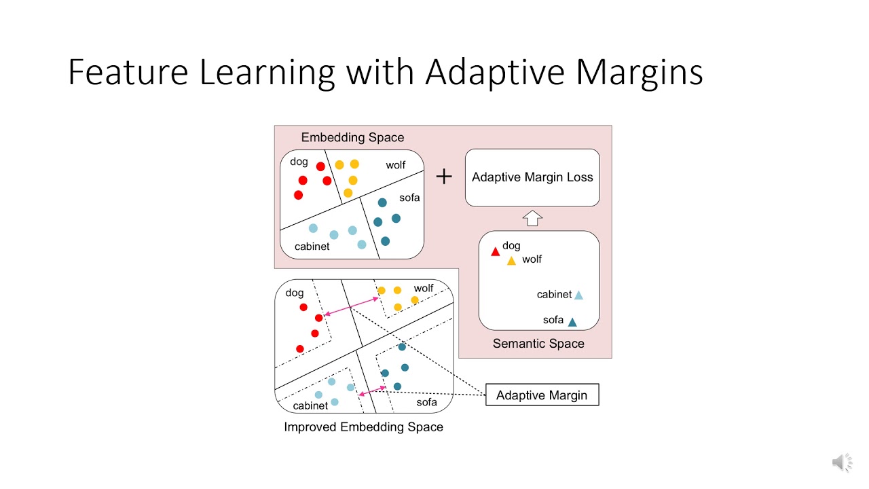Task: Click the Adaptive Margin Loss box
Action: [x=532, y=177]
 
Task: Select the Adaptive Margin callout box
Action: [x=542, y=395]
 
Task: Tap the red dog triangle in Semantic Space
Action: [x=495, y=252]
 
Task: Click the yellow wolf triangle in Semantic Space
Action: [x=512, y=261]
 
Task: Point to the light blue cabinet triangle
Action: [x=578, y=295]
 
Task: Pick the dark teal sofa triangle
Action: [x=572, y=323]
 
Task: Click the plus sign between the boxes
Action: [x=444, y=177]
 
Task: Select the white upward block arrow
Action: [x=533, y=218]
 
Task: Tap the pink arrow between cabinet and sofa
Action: [x=372, y=391]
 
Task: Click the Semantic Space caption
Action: [x=538, y=344]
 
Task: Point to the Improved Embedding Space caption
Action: [x=363, y=427]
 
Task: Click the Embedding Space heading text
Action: [x=352, y=138]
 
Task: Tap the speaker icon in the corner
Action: [x=842, y=463]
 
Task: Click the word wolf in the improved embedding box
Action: [x=424, y=289]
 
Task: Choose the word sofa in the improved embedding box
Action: [x=427, y=402]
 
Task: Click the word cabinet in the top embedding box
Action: [x=312, y=247]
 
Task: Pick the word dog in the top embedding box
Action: [x=299, y=162]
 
